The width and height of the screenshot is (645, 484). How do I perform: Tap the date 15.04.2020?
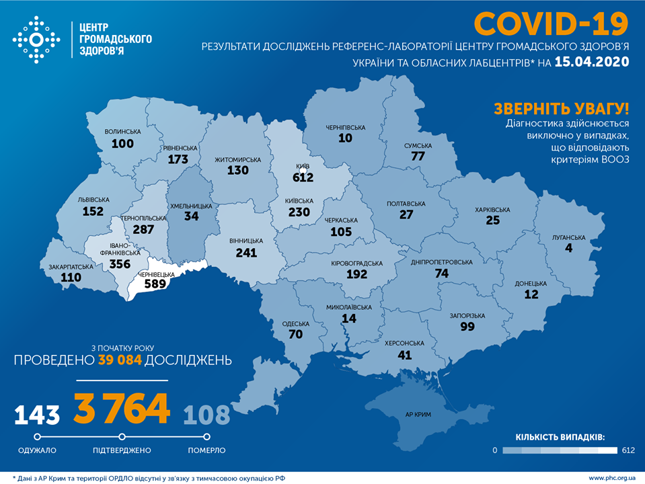pyautogui.click(x=592, y=63)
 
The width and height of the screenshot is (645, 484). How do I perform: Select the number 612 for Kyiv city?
pyautogui.click(x=303, y=177)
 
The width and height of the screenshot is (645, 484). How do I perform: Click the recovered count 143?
pyautogui.click(x=38, y=415)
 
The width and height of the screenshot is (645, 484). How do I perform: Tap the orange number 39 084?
pyautogui.click(x=120, y=360)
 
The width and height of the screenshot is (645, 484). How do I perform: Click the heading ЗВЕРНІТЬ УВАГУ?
pyautogui.click(x=561, y=109)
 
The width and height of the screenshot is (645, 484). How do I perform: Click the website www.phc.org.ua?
pyautogui.click(x=611, y=477)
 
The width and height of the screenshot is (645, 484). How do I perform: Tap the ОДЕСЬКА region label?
pyautogui.click(x=296, y=323)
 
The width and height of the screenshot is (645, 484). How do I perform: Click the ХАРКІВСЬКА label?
pyautogui.click(x=492, y=210)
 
